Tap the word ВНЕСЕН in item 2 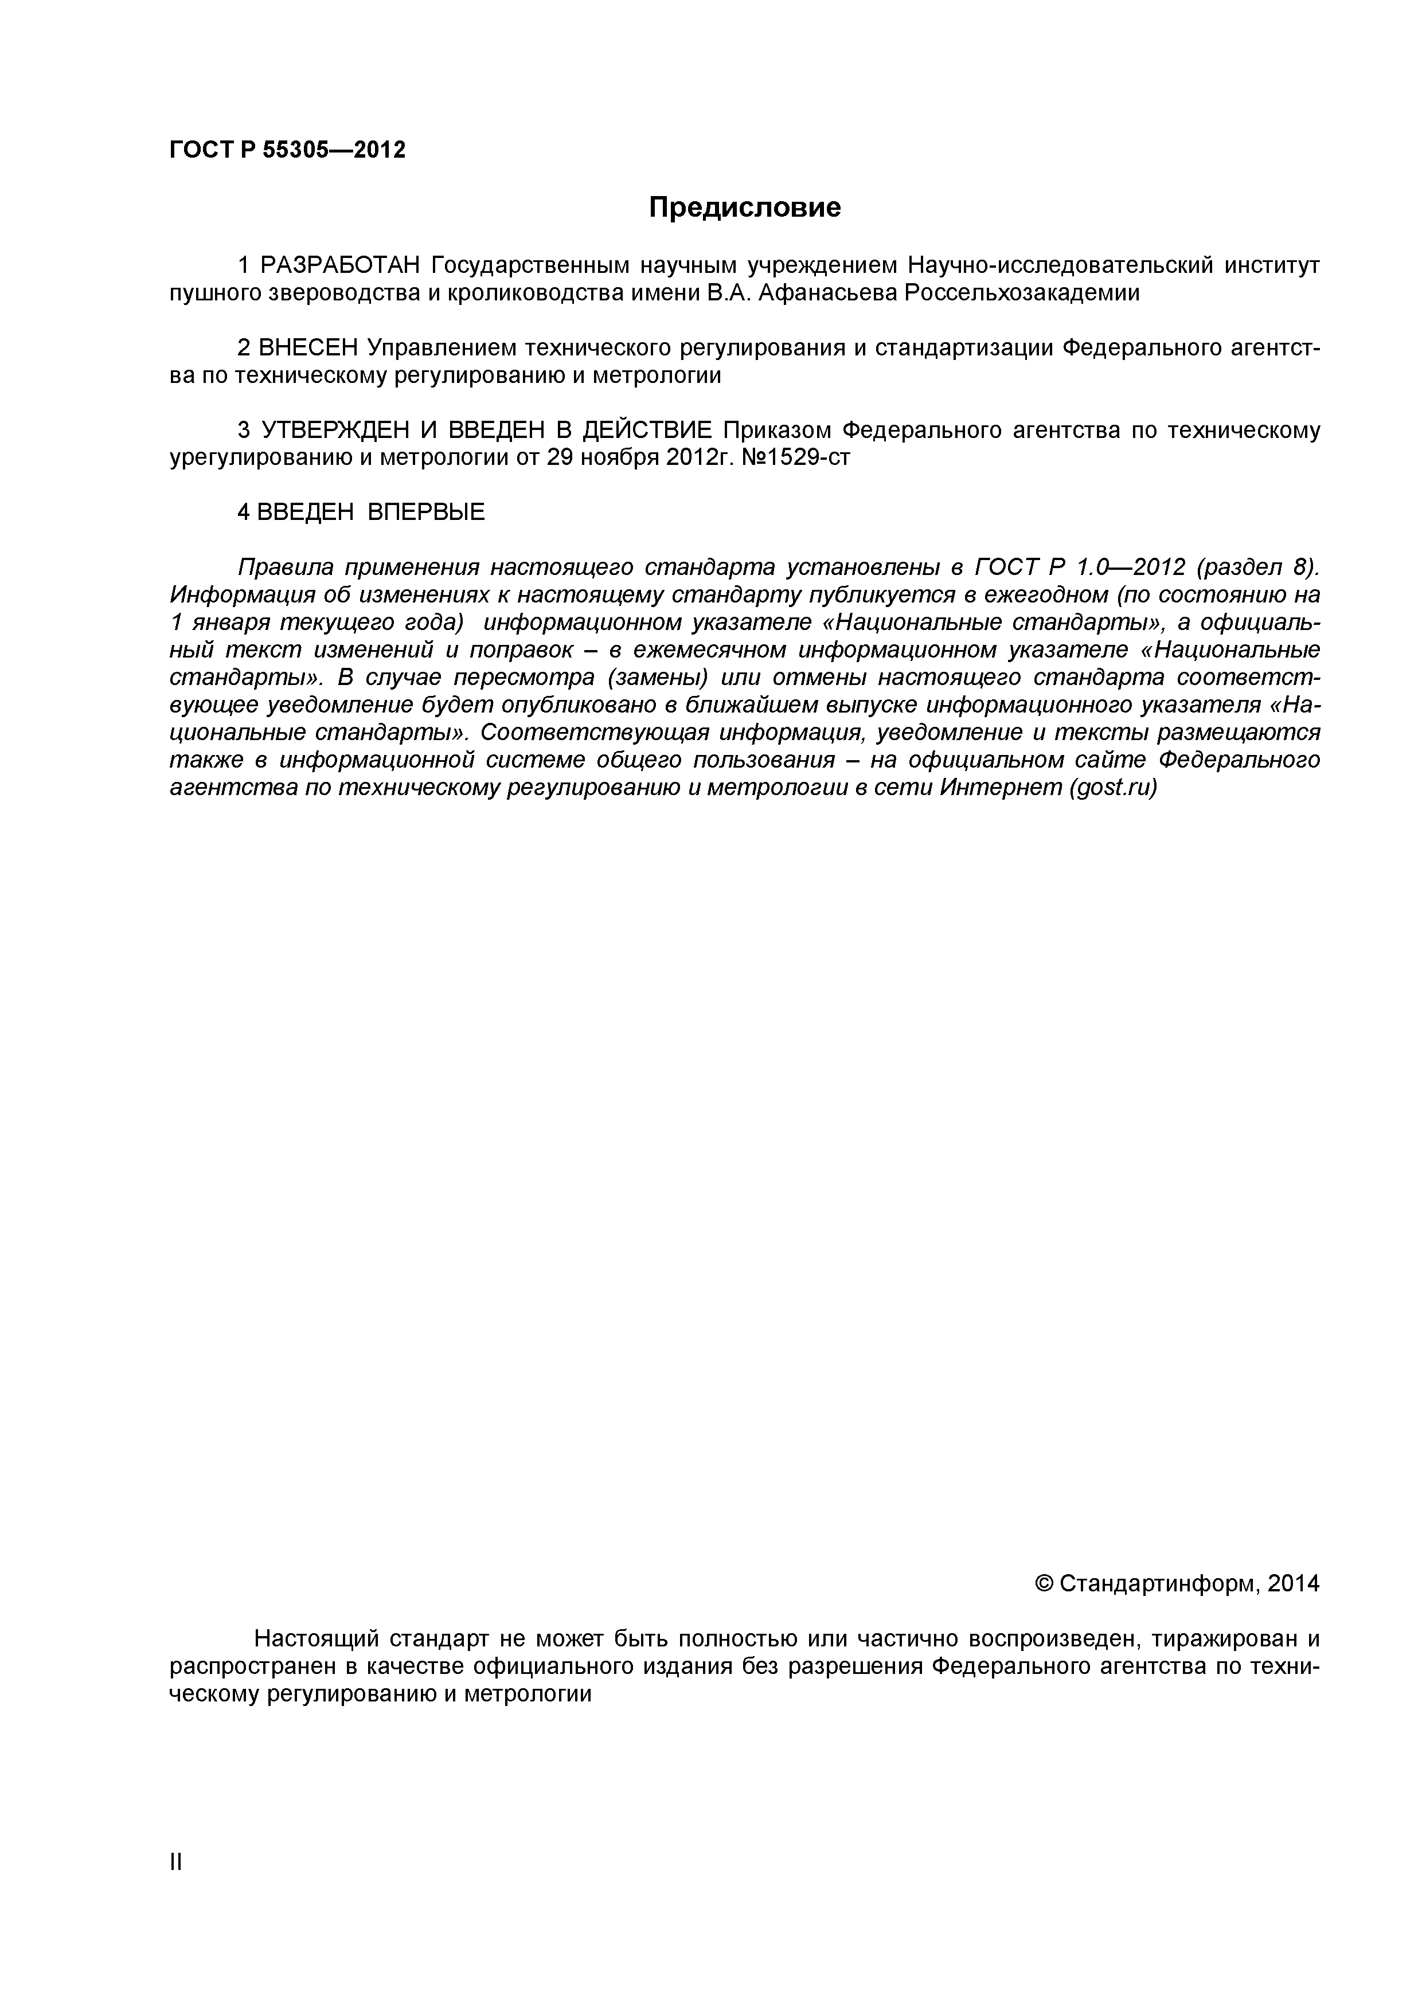tap(308, 348)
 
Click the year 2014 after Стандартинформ tap(1292, 1583)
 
